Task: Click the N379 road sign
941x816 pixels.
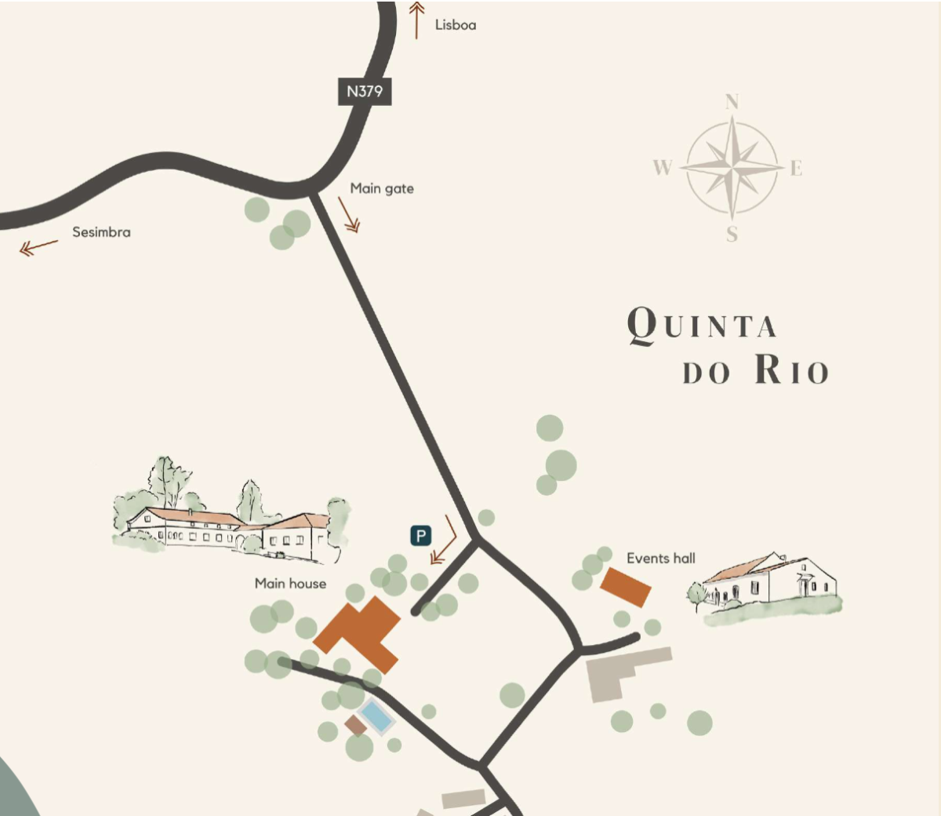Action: [365, 91]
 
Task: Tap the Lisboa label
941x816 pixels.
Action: [456, 25]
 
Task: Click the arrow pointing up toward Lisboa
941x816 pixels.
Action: [417, 19]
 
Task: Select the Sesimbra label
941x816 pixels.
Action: [101, 232]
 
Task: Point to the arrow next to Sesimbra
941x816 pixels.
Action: [38, 248]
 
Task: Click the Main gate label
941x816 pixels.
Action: [382, 188]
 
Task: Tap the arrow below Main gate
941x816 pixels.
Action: [349, 214]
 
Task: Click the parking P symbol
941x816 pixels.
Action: [421, 536]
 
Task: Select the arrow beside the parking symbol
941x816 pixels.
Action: [444, 541]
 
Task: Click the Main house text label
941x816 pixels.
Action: [290, 583]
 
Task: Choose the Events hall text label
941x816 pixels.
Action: [661, 558]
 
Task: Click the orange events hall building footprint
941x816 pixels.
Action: [626, 587]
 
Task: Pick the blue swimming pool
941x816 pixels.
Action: [376, 716]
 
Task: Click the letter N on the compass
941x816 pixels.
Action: [732, 102]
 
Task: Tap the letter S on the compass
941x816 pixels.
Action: [732, 234]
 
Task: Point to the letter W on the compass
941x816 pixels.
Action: [663, 167]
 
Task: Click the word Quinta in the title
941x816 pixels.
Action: [702, 325]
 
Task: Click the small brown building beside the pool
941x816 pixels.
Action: [356, 725]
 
